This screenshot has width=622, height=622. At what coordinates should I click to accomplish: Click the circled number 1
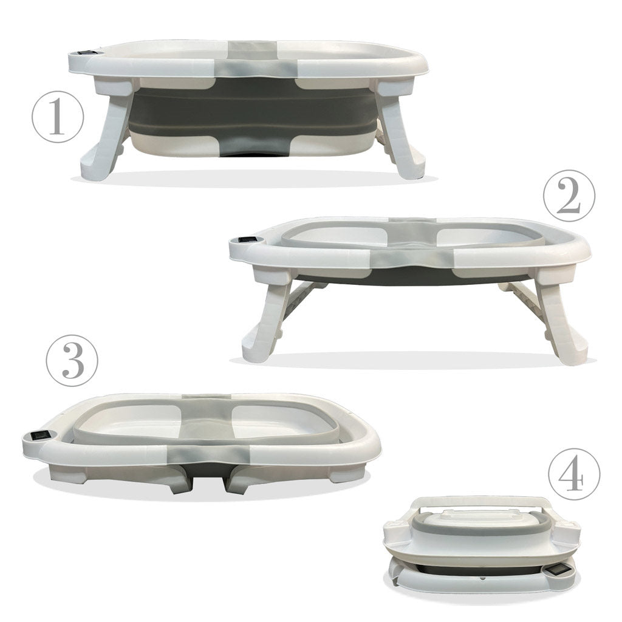point(56,117)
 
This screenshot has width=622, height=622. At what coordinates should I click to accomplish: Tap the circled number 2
point(569,195)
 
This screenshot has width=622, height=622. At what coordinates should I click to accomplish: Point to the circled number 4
point(574,474)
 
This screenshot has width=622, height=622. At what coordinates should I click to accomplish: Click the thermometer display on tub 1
point(86,53)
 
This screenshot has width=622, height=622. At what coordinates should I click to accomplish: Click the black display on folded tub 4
point(558,570)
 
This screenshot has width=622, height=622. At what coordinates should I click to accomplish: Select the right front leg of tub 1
point(401,137)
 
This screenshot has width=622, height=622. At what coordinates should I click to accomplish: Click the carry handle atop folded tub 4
point(482,502)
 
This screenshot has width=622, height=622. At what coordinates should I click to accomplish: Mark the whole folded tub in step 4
point(483,547)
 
